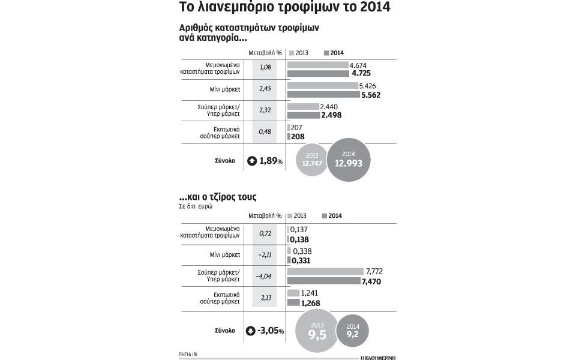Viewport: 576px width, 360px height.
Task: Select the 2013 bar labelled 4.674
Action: [317, 65]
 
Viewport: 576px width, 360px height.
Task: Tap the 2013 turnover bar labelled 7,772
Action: [325, 271]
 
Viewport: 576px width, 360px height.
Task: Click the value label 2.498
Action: [334, 116]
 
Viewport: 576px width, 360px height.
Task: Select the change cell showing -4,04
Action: [264, 276]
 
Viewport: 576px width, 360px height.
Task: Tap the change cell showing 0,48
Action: [264, 132]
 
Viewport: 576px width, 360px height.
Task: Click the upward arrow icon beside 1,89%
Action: [251, 161]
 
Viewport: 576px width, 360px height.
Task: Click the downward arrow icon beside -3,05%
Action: [251, 331]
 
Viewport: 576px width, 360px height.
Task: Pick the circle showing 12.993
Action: [349, 159]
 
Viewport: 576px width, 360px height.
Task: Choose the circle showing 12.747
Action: [312, 160]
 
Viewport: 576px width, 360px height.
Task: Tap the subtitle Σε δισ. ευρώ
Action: [196, 205]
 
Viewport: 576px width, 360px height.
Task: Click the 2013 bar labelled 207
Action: [289, 127]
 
